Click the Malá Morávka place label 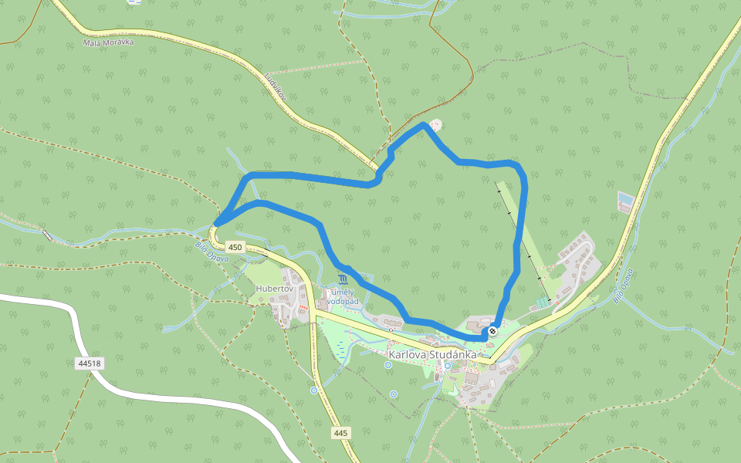coord(108,42)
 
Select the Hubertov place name coord(273,289)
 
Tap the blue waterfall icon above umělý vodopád coord(343,279)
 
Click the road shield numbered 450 coord(235,248)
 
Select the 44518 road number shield coord(90,362)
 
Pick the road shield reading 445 coord(341,433)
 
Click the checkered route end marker coord(492,331)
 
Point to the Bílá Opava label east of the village coord(624,286)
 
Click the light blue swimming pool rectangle coord(625,202)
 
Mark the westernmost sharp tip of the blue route coord(217,224)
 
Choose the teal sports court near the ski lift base coord(543,304)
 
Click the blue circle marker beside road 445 coord(314,390)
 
